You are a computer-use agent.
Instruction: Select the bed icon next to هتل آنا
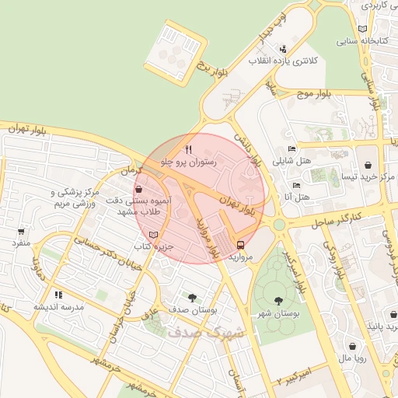(296, 186)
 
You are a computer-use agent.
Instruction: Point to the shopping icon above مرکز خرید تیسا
(368, 166)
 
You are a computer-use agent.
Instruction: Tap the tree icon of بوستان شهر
(278, 301)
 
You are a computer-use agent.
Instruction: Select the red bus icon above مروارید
(239, 244)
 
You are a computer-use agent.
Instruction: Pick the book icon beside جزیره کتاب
(153, 235)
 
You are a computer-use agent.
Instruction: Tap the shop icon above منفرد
(21, 231)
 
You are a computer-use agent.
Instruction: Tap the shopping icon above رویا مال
(354, 347)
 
